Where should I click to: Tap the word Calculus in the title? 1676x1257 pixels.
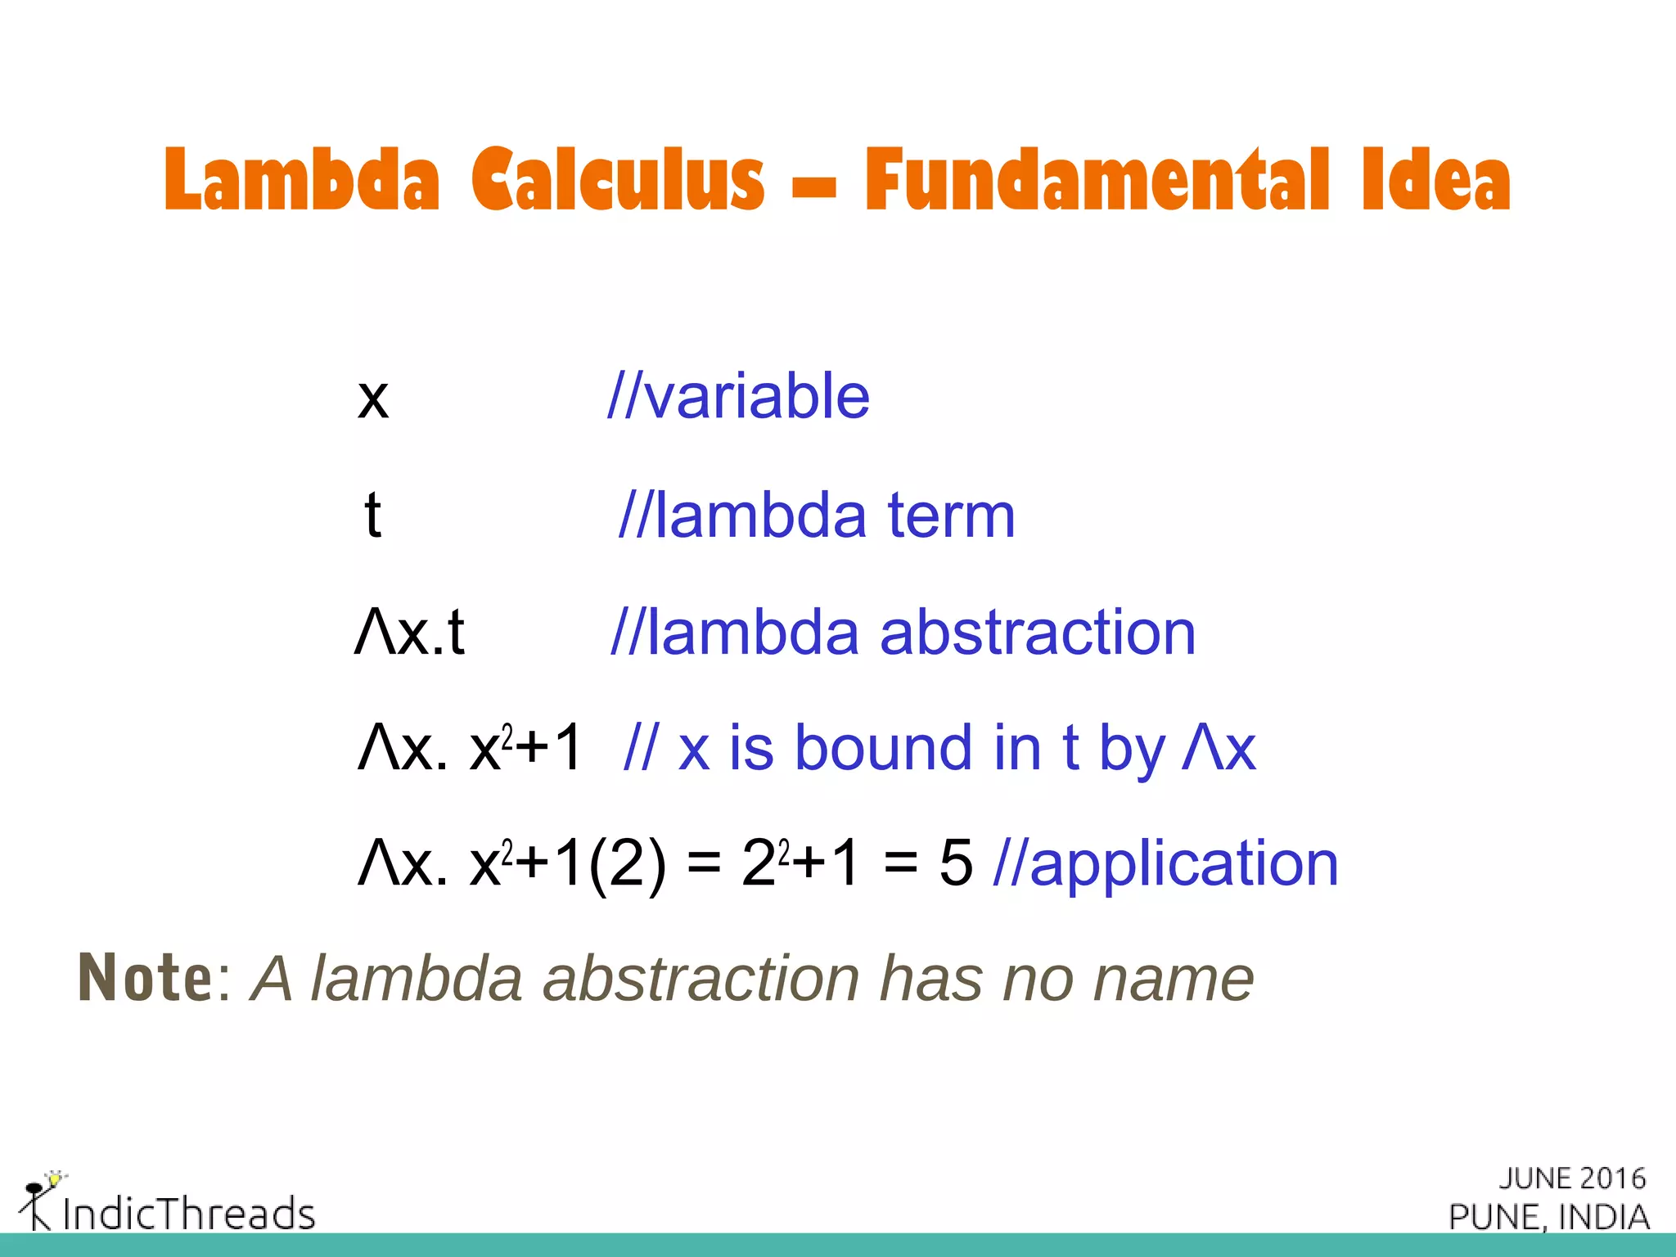coord(618,180)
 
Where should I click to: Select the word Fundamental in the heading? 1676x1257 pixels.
coord(1097,180)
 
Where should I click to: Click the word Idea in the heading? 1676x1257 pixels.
coord(1436,180)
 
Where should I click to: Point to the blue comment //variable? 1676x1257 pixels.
coord(738,397)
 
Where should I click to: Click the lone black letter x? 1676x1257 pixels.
coord(373,399)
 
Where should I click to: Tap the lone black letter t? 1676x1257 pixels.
coord(372,516)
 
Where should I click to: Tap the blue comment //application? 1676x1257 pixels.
coord(1165,864)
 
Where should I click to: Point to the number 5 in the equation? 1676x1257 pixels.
coord(956,864)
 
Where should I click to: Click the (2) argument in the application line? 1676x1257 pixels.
coord(627,866)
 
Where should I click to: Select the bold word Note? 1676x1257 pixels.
coord(146,978)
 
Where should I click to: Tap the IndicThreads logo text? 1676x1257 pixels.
coord(188,1214)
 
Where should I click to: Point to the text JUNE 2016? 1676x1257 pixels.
coord(1572,1178)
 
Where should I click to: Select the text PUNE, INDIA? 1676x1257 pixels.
coord(1549,1217)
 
